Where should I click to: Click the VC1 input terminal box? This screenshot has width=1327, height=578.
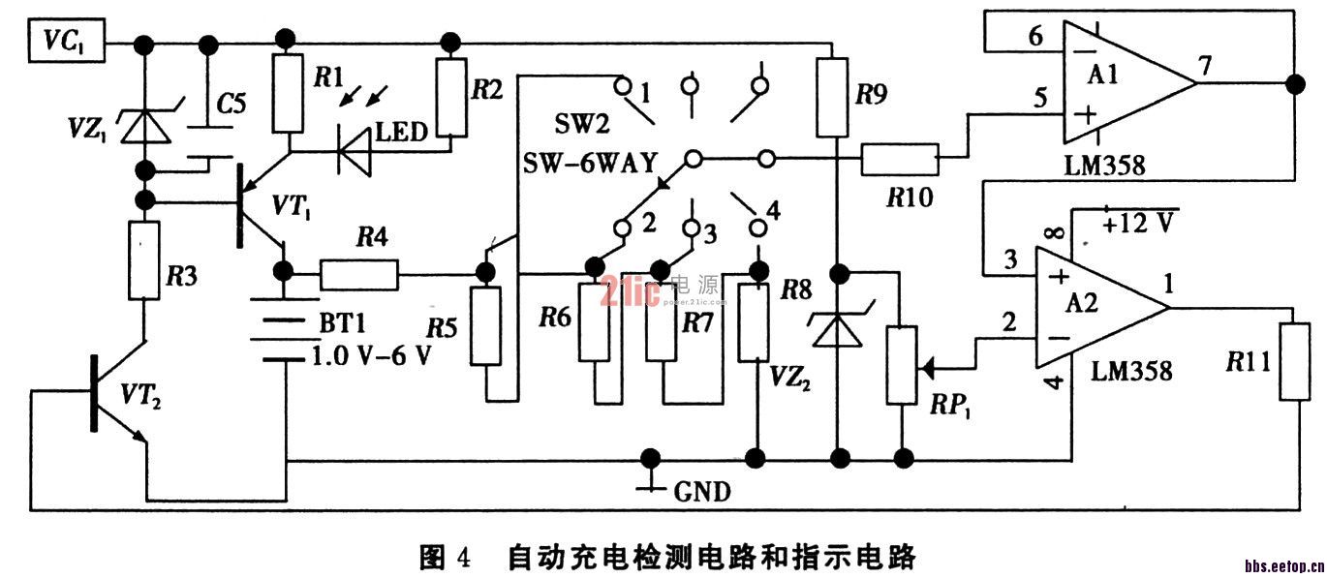(x=65, y=43)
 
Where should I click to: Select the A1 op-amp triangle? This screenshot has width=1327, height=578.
(x=1124, y=83)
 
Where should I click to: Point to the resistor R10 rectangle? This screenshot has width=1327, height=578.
(x=900, y=158)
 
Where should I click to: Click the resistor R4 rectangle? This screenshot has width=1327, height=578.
(x=358, y=275)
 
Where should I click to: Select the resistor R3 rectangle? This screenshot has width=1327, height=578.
(x=143, y=259)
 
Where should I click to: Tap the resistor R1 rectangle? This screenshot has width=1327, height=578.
(x=288, y=93)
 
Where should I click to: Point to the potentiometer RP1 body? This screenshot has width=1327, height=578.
(x=901, y=366)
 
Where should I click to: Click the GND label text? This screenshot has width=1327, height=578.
(x=702, y=492)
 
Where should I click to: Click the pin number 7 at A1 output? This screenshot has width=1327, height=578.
(x=1204, y=66)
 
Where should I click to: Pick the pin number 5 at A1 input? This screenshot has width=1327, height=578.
(x=1040, y=98)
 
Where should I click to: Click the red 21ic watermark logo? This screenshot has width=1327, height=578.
(x=630, y=289)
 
